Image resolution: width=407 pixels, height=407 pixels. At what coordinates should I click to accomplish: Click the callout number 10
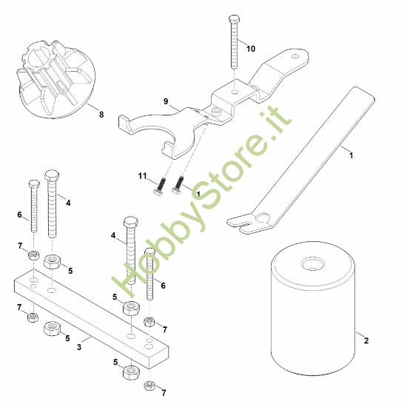pyautogui.click(x=250, y=49)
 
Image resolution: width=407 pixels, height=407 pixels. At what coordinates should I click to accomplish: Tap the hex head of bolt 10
pyautogui.click(x=234, y=19)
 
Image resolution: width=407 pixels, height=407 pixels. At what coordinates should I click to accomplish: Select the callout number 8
pyautogui.click(x=101, y=114)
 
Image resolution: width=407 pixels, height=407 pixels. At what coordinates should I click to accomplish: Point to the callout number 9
pyautogui.click(x=166, y=101)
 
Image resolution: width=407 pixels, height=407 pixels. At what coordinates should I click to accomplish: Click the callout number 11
pyautogui.click(x=142, y=176)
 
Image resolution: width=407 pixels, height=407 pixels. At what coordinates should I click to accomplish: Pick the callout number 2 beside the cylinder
pyautogui.click(x=366, y=340)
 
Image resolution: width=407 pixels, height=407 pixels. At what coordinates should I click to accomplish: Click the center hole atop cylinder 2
pyautogui.click(x=313, y=264)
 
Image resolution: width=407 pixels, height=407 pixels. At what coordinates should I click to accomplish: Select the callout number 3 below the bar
pyautogui.click(x=79, y=347)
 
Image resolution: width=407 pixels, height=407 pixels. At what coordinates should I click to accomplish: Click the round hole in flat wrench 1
pyautogui.click(x=263, y=218)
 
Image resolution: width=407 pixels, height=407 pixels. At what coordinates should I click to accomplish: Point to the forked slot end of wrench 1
pyautogui.click(x=240, y=223)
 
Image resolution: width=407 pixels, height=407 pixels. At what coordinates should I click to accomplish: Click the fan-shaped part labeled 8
pyautogui.click(x=56, y=80)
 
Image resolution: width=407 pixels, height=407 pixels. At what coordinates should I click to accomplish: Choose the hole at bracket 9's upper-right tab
pyautogui.click(x=295, y=56)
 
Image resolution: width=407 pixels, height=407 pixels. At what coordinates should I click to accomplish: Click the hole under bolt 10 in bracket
pyautogui.click(x=235, y=91)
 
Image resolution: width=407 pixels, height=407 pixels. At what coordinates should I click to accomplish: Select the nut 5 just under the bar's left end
pyautogui.click(x=52, y=329)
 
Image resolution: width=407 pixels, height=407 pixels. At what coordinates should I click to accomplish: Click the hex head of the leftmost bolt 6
pyautogui.click(x=34, y=184)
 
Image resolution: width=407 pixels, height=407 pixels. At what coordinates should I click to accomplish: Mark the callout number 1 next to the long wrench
pyautogui.click(x=351, y=155)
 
